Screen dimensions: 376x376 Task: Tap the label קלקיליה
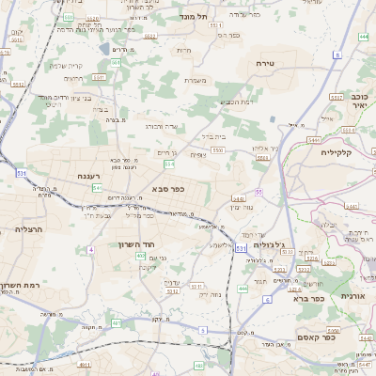click(335, 151)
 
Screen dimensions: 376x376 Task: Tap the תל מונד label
click(199, 16)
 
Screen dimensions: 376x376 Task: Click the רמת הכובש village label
click(233, 102)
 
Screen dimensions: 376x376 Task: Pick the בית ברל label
click(212, 136)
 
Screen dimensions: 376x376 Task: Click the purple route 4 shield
click(91, 250)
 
